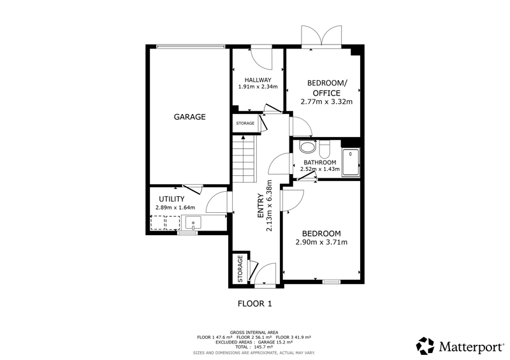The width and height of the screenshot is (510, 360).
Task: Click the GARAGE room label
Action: [x=189, y=117]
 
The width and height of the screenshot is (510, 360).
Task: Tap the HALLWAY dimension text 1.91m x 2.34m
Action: [x=258, y=87]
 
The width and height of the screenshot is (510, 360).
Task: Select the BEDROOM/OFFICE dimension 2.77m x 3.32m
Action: [x=326, y=101]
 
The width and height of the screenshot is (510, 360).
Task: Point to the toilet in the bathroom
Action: [x=324, y=149]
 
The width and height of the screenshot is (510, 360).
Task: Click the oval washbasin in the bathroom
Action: [x=307, y=147]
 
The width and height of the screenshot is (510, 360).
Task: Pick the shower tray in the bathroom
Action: [x=350, y=162]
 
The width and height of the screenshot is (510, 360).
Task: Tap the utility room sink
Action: [x=193, y=223]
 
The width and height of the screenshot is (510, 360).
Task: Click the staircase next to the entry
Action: [x=244, y=159]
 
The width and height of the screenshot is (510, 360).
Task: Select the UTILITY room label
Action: [x=171, y=199]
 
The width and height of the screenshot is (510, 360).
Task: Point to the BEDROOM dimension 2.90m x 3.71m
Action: [x=321, y=242]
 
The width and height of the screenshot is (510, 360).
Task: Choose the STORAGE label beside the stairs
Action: [x=245, y=123]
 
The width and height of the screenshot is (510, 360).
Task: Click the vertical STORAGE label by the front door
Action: [x=240, y=269]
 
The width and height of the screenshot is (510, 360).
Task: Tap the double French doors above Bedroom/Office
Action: [x=321, y=36]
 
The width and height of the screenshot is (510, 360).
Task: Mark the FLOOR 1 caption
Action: [x=255, y=304]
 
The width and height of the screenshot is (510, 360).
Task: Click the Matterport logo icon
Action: [x=425, y=346]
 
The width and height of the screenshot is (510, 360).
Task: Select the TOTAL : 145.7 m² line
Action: [x=254, y=347]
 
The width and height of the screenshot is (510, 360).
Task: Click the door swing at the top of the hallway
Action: [x=261, y=59]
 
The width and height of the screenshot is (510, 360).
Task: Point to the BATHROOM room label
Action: [x=320, y=162]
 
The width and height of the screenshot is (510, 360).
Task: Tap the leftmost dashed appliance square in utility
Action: [x=157, y=223]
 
